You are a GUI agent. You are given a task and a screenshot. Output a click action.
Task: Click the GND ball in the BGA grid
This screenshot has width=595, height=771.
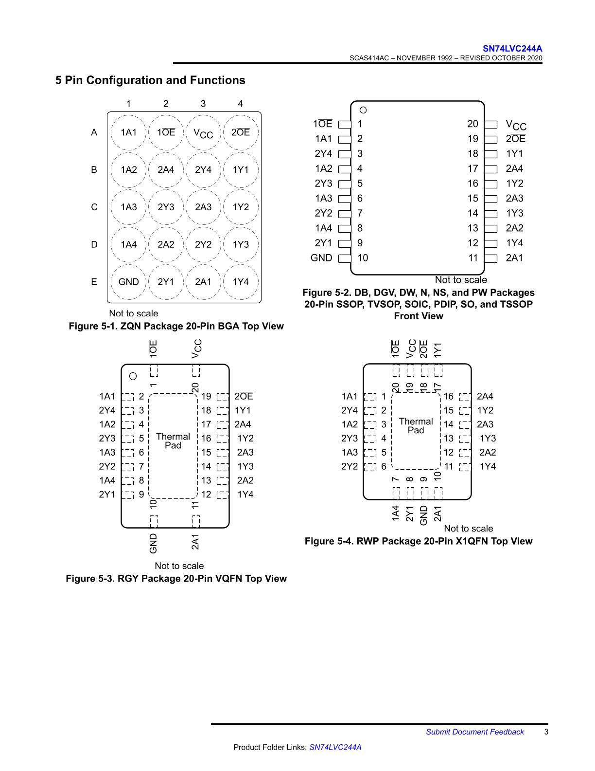coord(129,282)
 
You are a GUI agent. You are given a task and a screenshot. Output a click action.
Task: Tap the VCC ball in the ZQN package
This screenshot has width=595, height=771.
coord(203,133)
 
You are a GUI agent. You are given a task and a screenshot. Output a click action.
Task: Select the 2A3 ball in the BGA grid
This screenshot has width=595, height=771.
coord(203,207)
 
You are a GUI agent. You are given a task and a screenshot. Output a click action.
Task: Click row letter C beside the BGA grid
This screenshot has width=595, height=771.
coord(94,207)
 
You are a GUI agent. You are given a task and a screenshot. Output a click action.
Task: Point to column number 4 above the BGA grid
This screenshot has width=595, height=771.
coord(240,104)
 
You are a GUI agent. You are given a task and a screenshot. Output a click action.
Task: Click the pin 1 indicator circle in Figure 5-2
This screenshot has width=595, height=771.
coord(363,110)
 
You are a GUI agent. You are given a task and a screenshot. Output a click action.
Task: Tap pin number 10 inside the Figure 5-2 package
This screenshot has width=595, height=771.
coord(363,258)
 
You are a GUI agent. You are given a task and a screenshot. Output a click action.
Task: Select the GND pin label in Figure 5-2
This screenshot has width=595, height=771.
coord(321,258)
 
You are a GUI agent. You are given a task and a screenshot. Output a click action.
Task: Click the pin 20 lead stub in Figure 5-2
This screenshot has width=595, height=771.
coord(490,125)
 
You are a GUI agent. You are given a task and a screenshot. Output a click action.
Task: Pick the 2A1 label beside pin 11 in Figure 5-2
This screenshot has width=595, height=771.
coord(514,258)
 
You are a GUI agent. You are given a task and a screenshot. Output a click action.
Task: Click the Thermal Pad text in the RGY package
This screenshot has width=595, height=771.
coord(173,441)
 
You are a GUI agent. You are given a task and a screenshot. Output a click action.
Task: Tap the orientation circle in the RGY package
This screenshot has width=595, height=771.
coord(133,376)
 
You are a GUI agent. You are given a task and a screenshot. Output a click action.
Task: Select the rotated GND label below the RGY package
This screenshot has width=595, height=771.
coord(153,543)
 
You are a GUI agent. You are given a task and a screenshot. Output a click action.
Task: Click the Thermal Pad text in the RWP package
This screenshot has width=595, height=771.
coord(416,426)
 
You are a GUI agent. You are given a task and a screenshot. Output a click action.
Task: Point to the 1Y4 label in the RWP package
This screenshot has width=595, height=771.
coord(488,466)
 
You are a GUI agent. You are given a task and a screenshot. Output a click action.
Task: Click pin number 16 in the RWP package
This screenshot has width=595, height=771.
coord(448,396)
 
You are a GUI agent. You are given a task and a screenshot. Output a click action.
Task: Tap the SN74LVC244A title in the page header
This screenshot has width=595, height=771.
coord(512,49)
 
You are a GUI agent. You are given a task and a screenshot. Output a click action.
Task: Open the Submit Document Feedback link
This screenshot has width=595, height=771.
coord(475,732)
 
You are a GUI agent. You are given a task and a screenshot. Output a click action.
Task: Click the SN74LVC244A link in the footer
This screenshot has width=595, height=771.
coord(335,747)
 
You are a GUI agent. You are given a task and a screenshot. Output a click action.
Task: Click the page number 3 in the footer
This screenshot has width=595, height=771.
coord(546,732)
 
